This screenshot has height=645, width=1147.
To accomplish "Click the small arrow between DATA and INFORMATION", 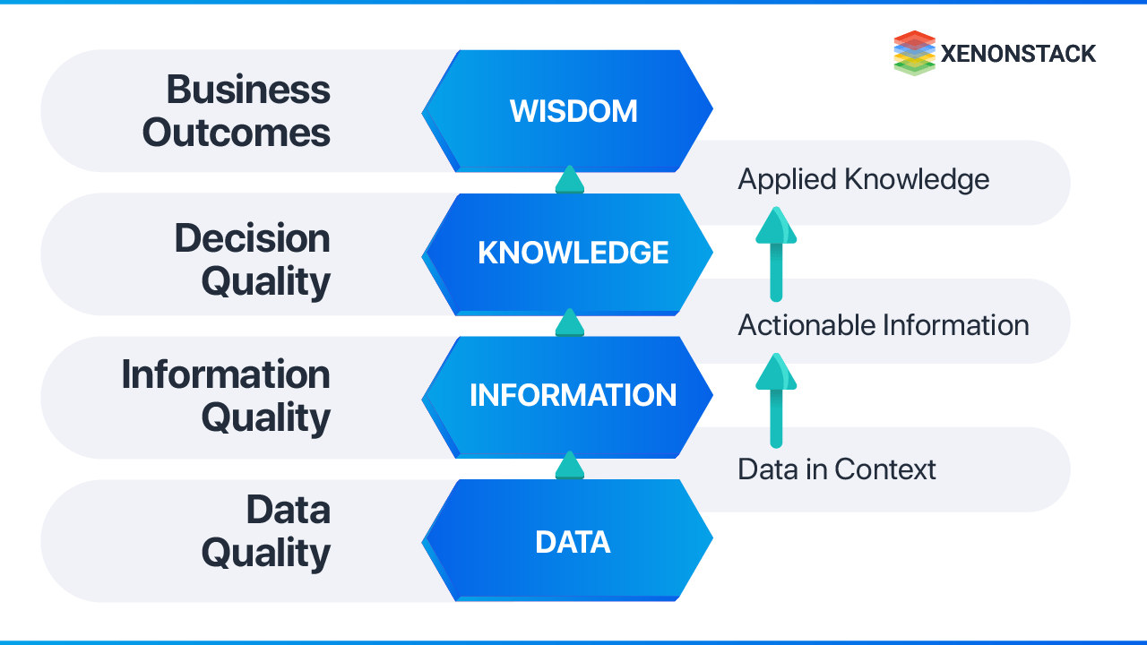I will (x=569, y=465).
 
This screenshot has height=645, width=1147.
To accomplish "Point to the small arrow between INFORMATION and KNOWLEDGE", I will (x=569, y=322).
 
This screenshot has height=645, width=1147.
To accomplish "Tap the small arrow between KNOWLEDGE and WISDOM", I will (x=569, y=179).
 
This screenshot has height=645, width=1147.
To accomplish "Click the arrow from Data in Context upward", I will (x=776, y=400).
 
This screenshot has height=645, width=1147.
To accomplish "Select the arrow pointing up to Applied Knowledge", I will (x=776, y=254).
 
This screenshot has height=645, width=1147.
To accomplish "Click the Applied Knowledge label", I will (x=863, y=180).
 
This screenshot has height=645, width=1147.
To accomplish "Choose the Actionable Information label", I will (x=883, y=324).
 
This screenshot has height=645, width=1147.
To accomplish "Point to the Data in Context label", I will (x=836, y=469).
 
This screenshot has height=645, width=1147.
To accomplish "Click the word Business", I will (x=248, y=90).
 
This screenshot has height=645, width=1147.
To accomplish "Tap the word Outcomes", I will (x=237, y=133).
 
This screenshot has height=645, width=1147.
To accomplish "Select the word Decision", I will (x=252, y=238).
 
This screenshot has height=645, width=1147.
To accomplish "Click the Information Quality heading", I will (x=226, y=396).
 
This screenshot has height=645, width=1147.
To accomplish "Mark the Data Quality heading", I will (x=266, y=531).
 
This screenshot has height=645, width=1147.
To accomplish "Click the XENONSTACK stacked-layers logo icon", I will (x=914, y=53).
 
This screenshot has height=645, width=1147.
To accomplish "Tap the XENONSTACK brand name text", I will (x=1018, y=54).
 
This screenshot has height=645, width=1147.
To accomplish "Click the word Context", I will (x=885, y=469).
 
